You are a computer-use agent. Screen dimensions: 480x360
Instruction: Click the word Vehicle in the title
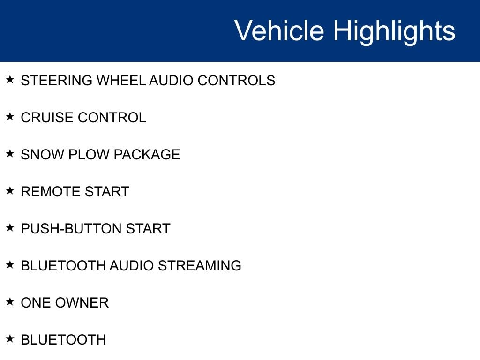point(279,30)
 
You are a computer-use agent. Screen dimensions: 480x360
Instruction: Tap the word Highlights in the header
point(394,32)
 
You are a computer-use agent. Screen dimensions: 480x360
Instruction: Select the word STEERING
point(57,81)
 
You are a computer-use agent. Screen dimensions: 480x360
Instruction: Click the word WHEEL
point(121,81)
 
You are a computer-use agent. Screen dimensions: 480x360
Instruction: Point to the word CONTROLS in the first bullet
point(236,81)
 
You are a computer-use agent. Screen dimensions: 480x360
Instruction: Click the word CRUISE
point(47,118)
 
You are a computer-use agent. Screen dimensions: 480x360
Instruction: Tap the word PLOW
point(89,155)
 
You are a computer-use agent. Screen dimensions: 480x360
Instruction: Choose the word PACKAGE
point(147,155)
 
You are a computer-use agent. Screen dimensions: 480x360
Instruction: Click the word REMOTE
point(51,192)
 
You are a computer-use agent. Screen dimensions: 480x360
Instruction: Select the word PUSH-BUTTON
point(71,229)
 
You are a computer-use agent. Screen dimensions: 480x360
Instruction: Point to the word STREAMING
point(200,266)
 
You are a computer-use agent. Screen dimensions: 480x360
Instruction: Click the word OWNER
point(82,303)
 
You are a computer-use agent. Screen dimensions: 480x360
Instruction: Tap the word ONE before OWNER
point(36,303)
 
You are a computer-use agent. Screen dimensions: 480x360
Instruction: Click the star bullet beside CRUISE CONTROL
point(10,116)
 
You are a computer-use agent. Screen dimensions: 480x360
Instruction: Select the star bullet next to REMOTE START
point(10,190)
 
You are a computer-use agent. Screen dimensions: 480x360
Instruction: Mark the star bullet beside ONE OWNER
point(10,301)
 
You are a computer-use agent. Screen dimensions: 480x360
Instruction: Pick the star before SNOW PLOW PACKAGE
point(10,153)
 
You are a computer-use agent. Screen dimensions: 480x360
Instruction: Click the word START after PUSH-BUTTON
point(148,229)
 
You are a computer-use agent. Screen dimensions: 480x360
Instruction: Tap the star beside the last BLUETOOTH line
point(10,338)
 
